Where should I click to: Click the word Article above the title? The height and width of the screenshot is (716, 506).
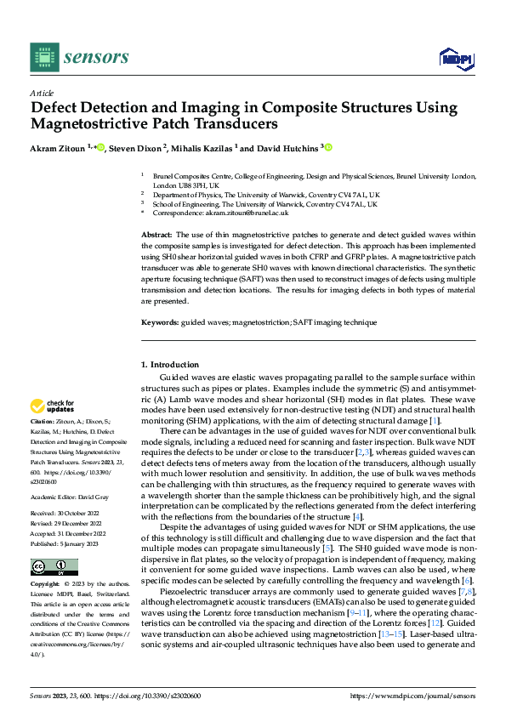click(42, 93)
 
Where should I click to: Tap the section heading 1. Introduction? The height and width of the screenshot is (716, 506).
click(169, 365)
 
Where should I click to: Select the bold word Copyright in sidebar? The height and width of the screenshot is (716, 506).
click(45, 585)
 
